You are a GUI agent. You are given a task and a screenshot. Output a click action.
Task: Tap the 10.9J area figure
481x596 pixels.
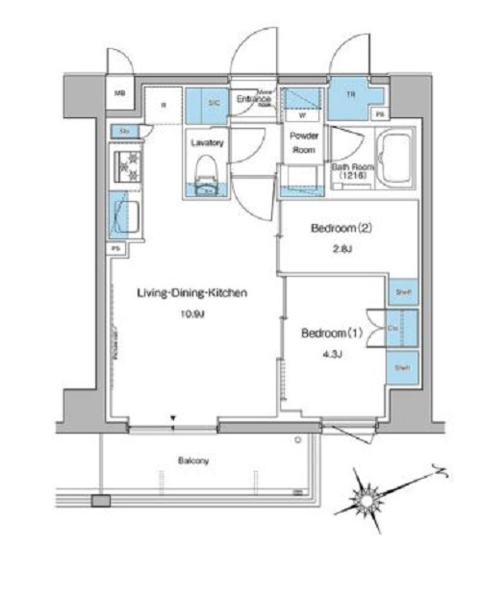tap(188, 315)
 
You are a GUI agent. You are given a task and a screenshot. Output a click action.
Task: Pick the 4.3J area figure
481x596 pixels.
tap(331, 355)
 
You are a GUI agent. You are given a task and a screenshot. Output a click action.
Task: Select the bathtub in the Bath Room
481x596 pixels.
tap(392, 156)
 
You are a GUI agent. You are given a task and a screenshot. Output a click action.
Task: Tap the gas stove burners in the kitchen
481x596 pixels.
tap(125, 166)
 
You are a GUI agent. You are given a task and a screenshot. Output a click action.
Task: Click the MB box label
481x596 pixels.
tap(120, 93)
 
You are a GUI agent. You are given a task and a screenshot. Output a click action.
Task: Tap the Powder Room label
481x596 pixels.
tap(304, 143)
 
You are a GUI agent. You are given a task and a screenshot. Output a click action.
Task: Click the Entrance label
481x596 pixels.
tap(254, 99)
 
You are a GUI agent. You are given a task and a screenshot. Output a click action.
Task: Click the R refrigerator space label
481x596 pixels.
tap(163, 105)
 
